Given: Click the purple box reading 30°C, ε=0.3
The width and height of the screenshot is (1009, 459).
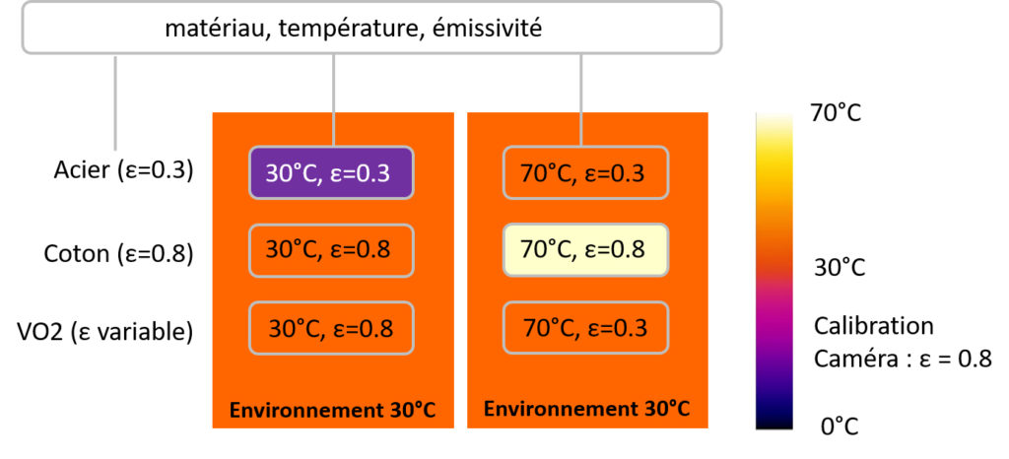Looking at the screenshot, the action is pyautogui.click(x=331, y=173).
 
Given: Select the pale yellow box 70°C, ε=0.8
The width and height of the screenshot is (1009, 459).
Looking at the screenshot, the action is pyautogui.click(x=585, y=250).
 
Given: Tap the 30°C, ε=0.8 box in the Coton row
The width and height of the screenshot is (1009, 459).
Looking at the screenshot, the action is pyautogui.click(x=331, y=250).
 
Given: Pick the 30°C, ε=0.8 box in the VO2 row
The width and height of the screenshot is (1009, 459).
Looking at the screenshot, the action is pyautogui.click(x=331, y=328).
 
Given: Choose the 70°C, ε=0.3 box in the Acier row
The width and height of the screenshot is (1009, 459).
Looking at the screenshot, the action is pyautogui.click(x=585, y=173).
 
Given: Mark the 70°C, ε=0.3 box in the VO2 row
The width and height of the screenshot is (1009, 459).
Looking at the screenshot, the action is pyautogui.click(x=585, y=328).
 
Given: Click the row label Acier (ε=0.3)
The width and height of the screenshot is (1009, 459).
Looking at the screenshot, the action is pyautogui.click(x=123, y=172).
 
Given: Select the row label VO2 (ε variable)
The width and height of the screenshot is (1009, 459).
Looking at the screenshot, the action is pyautogui.click(x=105, y=332).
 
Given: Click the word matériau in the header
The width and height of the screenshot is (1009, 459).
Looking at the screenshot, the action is pyautogui.click(x=215, y=29).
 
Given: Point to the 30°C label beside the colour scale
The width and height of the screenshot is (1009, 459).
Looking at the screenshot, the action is pyautogui.click(x=840, y=268).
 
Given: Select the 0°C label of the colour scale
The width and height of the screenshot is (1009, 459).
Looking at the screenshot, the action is pyautogui.click(x=840, y=426).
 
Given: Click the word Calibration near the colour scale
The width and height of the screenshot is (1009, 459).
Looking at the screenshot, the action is pyautogui.click(x=874, y=326).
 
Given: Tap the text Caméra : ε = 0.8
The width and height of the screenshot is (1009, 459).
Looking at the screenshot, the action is pyautogui.click(x=904, y=359).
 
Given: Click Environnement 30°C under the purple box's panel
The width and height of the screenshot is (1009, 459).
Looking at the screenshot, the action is pyautogui.click(x=333, y=410).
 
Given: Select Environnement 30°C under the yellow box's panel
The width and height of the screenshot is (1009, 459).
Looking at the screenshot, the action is pyautogui.click(x=587, y=409).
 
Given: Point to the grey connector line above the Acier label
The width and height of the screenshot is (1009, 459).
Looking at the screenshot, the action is pyautogui.click(x=116, y=102).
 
